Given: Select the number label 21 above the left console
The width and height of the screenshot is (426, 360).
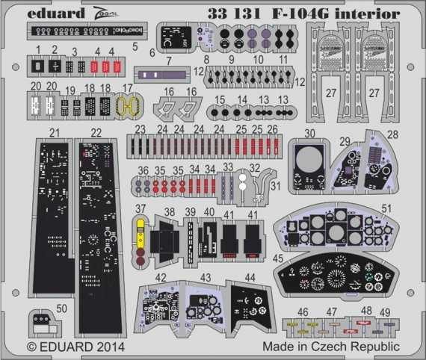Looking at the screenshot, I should tap(52, 132).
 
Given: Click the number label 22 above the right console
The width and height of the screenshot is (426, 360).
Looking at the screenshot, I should tap(96, 132).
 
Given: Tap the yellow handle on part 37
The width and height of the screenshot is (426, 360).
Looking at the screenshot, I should tap(140, 230).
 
